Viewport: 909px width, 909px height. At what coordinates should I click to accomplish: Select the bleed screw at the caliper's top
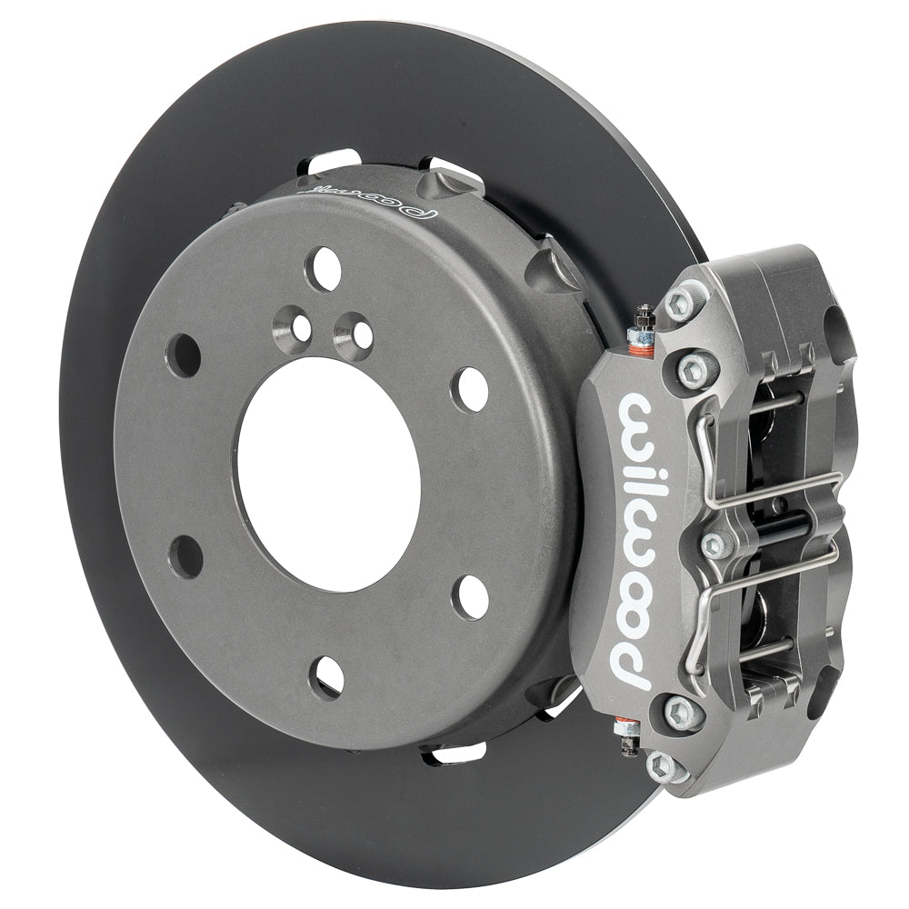point(643,325)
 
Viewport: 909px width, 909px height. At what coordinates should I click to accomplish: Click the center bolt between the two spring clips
point(715,544)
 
